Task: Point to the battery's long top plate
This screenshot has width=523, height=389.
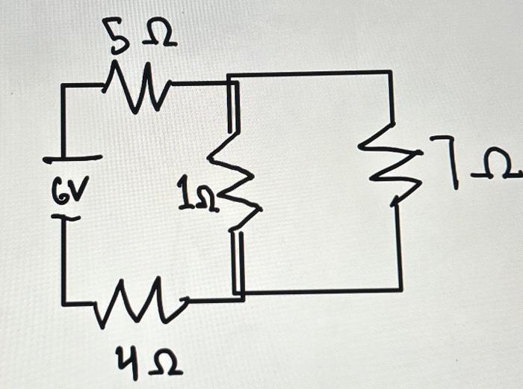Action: [x=72, y=159]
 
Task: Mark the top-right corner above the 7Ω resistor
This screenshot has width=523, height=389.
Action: [x=390, y=73]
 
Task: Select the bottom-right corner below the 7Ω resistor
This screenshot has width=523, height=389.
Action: [x=400, y=289]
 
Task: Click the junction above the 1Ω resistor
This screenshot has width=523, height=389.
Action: [x=232, y=81]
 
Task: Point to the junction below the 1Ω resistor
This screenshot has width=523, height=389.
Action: [x=238, y=294]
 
